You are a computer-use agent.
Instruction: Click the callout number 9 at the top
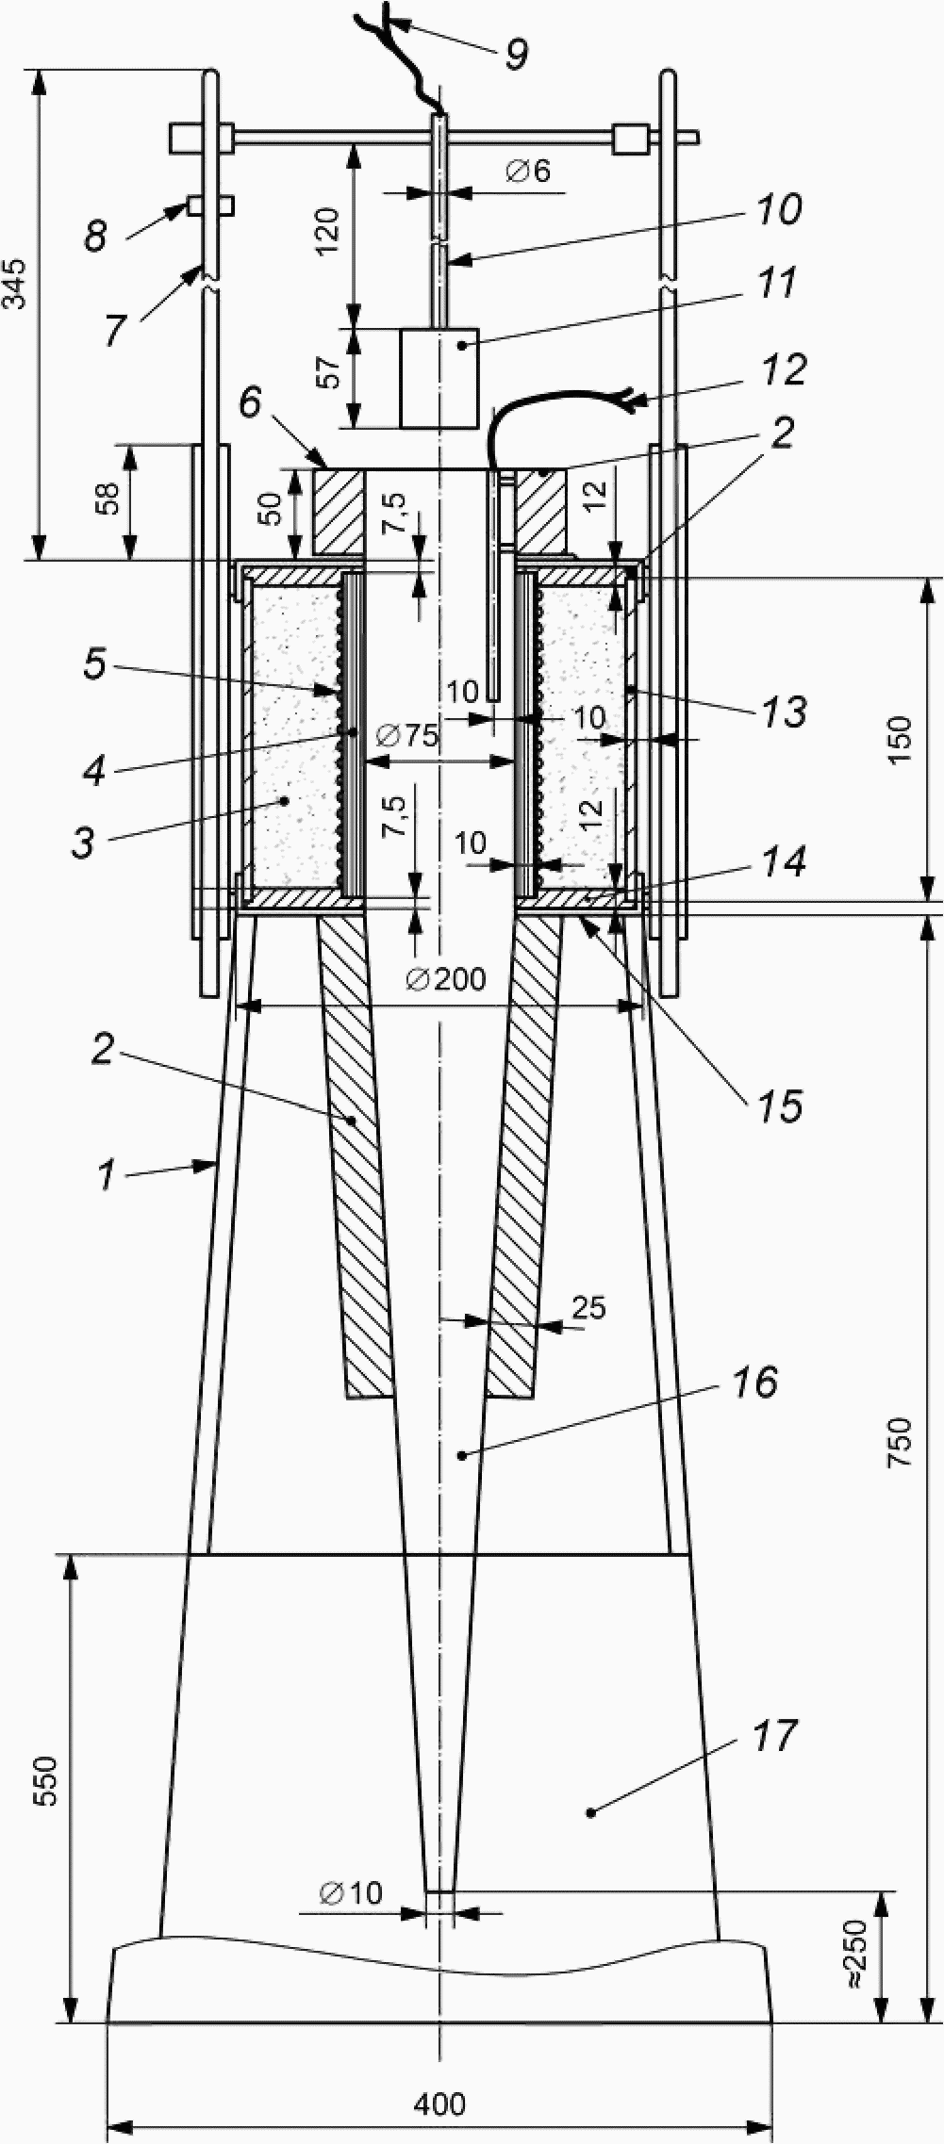516,54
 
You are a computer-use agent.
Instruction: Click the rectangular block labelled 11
439,378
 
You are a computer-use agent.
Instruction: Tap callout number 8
95,235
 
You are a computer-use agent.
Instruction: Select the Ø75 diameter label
406,734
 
